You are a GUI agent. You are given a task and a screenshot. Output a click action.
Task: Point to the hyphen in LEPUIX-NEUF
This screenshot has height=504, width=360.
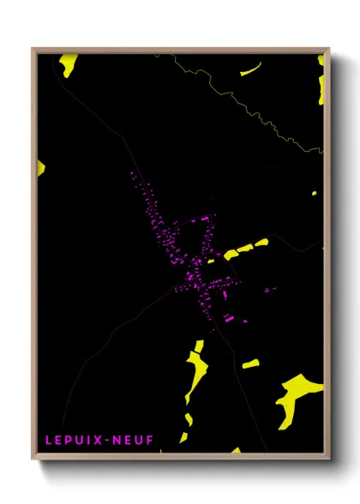pyautogui.click(x=106, y=440)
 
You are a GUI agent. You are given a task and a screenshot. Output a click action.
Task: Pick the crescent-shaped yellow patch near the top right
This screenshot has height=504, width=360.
pyautogui.click(x=251, y=69)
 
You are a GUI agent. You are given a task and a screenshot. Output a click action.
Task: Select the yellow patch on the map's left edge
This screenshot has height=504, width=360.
pyautogui.click(x=40, y=166)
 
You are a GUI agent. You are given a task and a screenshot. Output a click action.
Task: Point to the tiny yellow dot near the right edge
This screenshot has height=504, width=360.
pyautogui.click(x=315, y=193)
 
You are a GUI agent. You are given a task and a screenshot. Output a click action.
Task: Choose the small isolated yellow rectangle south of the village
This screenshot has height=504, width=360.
pyautogui.click(x=250, y=364)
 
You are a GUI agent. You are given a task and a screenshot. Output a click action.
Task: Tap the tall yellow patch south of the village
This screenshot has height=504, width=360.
pyautogui.click(x=195, y=373)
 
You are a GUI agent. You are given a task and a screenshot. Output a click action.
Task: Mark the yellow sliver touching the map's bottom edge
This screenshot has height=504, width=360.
pyautogui.click(x=234, y=449)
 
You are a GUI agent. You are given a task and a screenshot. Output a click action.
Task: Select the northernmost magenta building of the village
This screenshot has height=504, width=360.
pyautogui.click(x=132, y=175)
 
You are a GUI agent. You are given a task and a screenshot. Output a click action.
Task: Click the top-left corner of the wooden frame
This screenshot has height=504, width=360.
pyautogui.click(x=33, y=50)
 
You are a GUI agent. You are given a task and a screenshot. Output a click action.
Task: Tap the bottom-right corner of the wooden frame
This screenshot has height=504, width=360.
pyautogui.click(x=328, y=458)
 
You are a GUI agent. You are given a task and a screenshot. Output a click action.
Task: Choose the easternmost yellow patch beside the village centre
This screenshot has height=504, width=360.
pyautogui.click(x=261, y=242)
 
